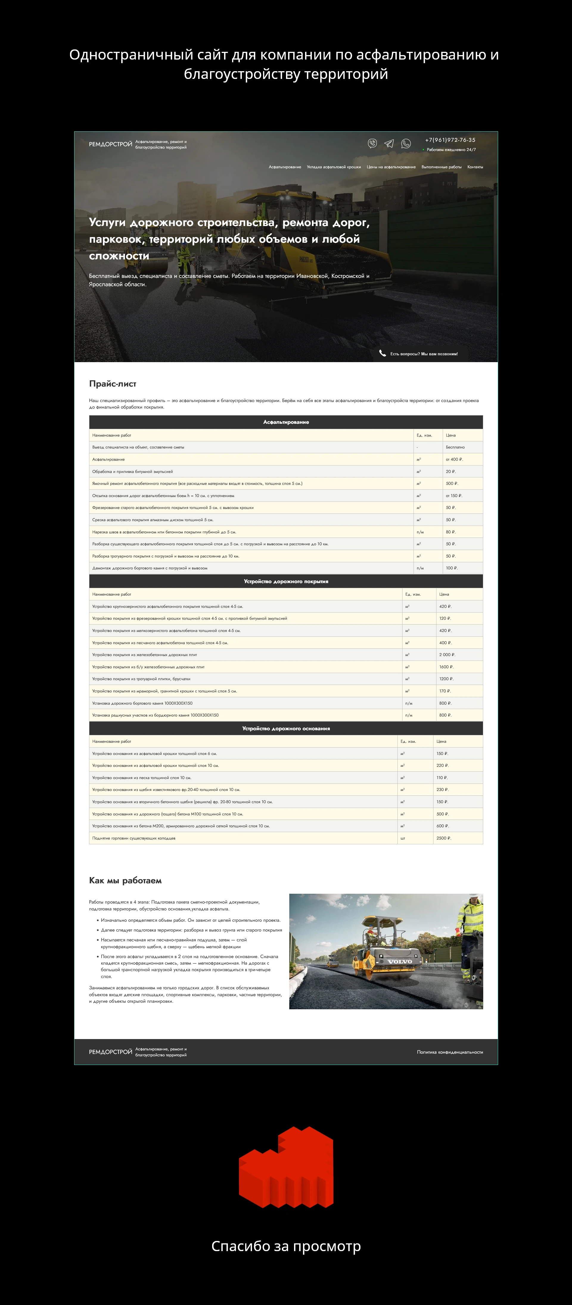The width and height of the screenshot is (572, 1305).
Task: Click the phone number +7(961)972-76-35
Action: click(450, 140)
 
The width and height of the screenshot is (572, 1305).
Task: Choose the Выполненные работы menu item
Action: click(441, 167)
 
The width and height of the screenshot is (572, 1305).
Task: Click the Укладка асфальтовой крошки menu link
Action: click(334, 167)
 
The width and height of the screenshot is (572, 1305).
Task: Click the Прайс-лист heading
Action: click(113, 384)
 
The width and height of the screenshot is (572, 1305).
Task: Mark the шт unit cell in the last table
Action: click(403, 838)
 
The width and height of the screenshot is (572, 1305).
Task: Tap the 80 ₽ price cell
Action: click(450, 532)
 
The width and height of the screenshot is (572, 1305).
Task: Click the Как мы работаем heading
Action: click(125, 880)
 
